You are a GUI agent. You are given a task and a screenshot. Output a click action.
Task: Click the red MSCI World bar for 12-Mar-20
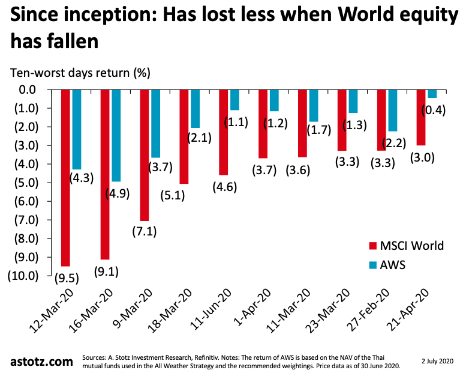tap(66, 177)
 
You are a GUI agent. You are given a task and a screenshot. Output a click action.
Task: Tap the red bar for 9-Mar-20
tap(145, 155)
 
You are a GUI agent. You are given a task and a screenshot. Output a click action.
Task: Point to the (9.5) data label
tap(66, 278)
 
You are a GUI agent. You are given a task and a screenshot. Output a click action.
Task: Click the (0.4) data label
tap(433, 111)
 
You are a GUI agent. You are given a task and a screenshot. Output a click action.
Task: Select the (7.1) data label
tap(145, 232)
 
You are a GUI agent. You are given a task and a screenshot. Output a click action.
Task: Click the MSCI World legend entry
tap(406, 246)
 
